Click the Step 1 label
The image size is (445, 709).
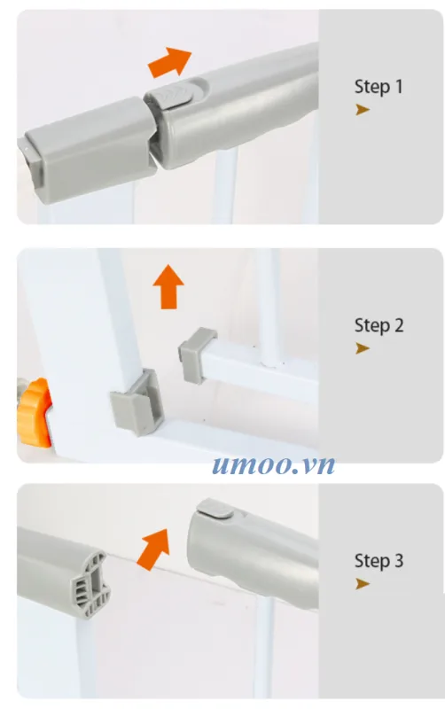[x=379, y=87]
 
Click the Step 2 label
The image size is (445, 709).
[x=379, y=325]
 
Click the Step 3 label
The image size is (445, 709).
[x=379, y=561]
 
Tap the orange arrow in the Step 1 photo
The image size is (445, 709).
[x=170, y=62]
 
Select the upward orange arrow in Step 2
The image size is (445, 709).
[x=168, y=286]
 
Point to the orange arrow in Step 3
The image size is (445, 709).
[x=153, y=549]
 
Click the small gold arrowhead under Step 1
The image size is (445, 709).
[x=363, y=109]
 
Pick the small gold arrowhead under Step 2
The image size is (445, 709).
[x=363, y=348]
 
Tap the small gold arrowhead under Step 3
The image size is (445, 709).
[x=363, y=584]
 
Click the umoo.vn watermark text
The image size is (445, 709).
[x=274, y=464]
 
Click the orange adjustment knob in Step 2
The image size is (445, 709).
[x=34, y=413]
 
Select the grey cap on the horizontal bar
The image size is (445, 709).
[x=197, y=355]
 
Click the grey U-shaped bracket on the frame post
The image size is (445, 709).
[x=137, y=402]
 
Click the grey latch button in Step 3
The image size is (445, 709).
[x=215, y=509]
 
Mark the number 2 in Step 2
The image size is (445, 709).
[x=399, y=325]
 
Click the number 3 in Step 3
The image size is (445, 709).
[x=399, y=561]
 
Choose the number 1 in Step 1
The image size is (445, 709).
[x=399, y=87]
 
